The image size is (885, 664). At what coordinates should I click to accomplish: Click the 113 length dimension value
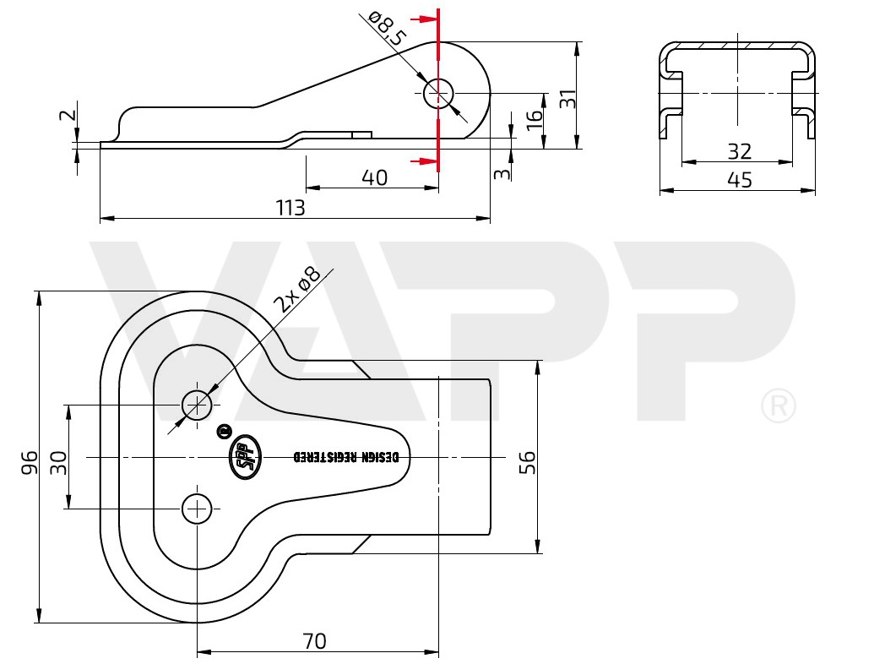(x=290, y=208)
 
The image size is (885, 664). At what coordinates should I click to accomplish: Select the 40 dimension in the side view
(x=374, y=177)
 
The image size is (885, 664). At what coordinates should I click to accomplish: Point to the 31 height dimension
(x=568, y=98)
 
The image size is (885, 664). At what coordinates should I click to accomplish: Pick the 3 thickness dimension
(x=502, y=173)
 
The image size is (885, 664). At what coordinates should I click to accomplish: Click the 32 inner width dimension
(x=739, y=152)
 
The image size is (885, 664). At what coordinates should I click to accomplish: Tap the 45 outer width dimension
(x=739, y=180)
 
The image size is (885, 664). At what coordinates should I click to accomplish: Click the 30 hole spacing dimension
(x=57, y=461)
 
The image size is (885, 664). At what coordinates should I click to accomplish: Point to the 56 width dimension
(x=527, y=461)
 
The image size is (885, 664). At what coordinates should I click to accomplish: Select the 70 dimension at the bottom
(x=313, y=641)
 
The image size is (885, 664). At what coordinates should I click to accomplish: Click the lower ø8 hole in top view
(x=197, y=509)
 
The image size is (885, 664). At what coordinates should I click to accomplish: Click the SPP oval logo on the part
(x=244, y=457)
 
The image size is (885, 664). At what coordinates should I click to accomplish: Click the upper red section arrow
(x=420, y=19)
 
